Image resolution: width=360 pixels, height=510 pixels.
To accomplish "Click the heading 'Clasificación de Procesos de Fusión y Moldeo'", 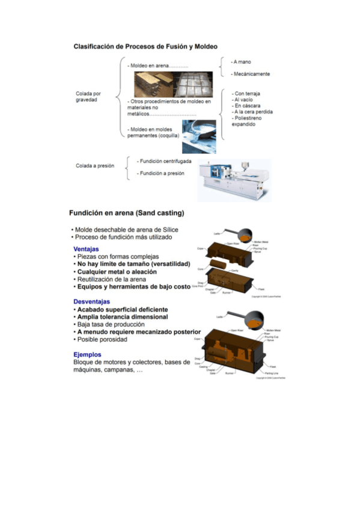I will click(x=145, y=46).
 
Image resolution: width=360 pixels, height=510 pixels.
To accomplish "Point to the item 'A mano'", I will click(x=242, y=61).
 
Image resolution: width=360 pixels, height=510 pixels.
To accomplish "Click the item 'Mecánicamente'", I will click(x=251, y=74).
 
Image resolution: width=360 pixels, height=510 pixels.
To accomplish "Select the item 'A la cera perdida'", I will click(x=253, y=112).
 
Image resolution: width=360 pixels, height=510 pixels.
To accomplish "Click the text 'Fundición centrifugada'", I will click(x=164, y=162).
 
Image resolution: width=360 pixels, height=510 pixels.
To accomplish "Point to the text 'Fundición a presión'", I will click(x=161, y=173).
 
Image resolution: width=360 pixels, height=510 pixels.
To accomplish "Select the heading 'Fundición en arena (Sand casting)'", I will click(x=126, y=213).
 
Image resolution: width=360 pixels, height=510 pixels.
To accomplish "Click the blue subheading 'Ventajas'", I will click(x=86, y=248).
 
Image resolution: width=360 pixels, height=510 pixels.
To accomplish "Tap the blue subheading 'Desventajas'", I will click(x=91, y=301).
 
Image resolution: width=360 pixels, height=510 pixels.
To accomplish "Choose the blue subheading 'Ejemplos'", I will click(x=87, y=354).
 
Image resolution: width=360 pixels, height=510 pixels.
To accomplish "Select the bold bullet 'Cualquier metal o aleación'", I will click(x=116, y=271).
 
